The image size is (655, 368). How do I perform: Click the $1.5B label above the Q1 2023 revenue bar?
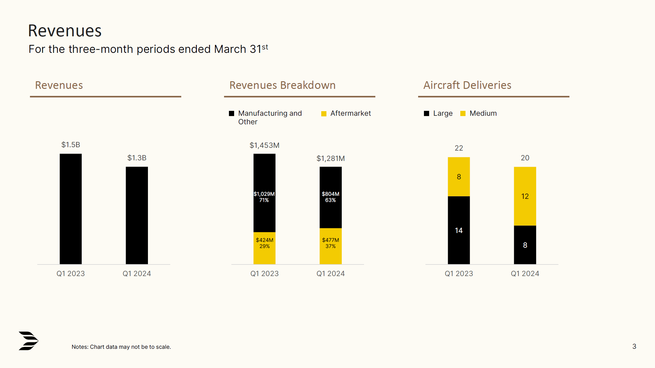tap(71, 145)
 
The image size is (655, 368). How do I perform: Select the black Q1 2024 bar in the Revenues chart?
tap(137, 215)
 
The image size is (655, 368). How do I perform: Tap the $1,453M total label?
tap(264, 145)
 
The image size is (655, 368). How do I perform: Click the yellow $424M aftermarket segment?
tap(264, 248)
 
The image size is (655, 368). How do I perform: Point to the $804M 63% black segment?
tap(330, 197)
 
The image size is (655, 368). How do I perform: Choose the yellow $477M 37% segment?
tap(330, 246)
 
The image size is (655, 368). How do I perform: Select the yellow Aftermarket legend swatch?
tap(324, 114)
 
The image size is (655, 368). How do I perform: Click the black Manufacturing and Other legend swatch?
tap(231, 114)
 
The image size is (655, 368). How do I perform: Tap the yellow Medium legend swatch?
tap(463, 114)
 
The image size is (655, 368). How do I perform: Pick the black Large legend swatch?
tap(426, 114)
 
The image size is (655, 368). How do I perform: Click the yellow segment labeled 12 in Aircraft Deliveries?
tap(525, 196)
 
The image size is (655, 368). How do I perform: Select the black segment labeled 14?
tap(458, 230)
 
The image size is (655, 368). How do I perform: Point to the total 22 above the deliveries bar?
tap(458, 148)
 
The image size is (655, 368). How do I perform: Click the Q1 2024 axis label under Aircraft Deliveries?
tap(525, 274)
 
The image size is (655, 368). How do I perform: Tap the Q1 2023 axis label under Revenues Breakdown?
tap(264, 274)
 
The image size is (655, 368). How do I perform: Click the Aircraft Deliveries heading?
tap(467, 85)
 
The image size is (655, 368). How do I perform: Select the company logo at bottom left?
tap(28, 341)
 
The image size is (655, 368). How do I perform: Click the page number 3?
tap(634, 346)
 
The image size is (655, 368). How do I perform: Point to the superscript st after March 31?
tap(265, 47)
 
